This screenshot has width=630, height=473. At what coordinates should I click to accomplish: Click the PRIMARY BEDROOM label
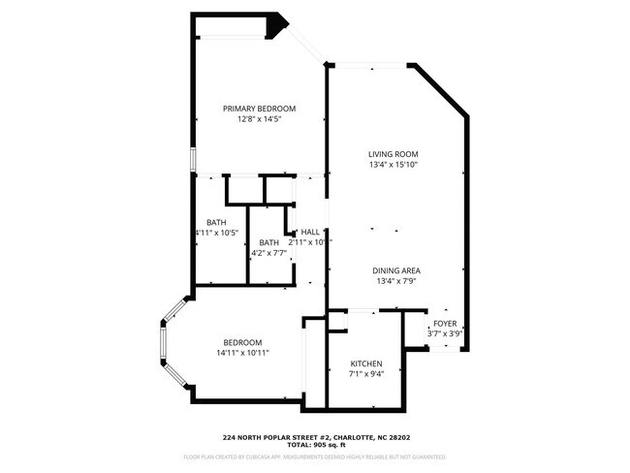click(x=259, y=109)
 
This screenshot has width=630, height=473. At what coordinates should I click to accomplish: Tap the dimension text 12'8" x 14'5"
click(x=259, y=119)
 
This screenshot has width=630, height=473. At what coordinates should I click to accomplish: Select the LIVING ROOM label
click(x=393, y=154)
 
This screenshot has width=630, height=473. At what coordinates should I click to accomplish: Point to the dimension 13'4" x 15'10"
click(x=393, y=165)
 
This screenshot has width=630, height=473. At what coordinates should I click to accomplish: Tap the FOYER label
click(x=445, y=323)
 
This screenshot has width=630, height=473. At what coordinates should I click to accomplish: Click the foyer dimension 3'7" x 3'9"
click(x=445, y=333)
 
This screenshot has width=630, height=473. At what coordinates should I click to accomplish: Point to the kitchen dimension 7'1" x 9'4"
click(x=366, y=373)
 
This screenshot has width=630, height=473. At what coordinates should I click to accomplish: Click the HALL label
click(x=310, y=233)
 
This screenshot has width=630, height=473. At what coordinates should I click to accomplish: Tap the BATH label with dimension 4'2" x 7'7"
click(x=268, y=242)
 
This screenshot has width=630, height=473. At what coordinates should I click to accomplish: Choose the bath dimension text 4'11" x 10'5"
click(x=216, y=233)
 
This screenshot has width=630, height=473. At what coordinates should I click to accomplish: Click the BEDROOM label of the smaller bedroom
click(x=242, y=342)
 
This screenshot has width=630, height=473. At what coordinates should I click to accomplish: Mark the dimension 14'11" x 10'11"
click(x=242, y=353)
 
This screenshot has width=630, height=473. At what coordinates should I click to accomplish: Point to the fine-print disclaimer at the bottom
click(x=314, y=455)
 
